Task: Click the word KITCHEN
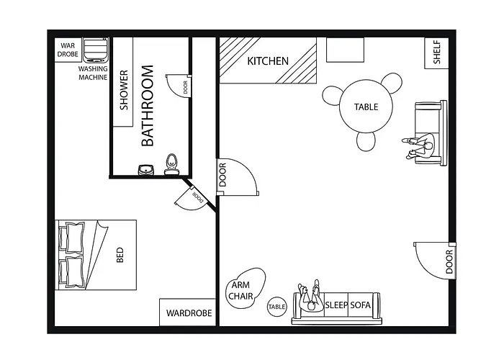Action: (268, 61)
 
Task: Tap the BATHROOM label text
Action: (148, 106)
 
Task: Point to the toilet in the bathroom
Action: (171, 163)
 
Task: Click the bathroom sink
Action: (146, 170)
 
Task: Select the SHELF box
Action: (436, 52)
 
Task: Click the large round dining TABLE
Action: (366, 107)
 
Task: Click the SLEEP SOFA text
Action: (347, 305)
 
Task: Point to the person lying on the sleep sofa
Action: (310, 297)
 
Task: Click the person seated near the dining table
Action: (420, 146)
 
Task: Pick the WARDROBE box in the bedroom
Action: (188, 313)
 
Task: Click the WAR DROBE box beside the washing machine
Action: (70, 50)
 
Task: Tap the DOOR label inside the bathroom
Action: (185, 87)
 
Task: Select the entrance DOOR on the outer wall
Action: (449, 263)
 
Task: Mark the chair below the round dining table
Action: (366, 141)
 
